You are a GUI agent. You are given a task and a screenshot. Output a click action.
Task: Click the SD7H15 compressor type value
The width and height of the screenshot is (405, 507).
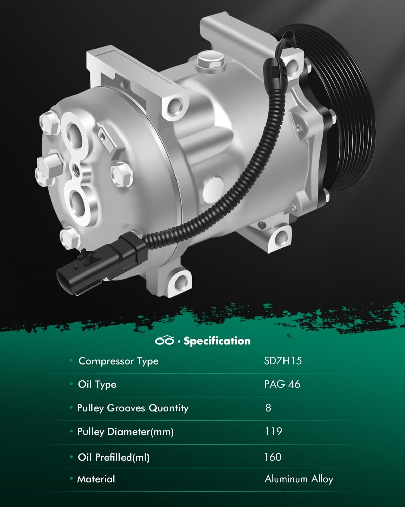click(283, 361)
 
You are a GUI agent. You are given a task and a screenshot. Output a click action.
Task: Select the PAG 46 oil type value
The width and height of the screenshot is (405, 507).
click(282, 384)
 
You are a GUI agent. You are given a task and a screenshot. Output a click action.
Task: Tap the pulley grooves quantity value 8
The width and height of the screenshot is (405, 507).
click(268, 408)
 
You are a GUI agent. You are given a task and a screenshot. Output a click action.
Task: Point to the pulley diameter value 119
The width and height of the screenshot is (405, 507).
click(273, 432)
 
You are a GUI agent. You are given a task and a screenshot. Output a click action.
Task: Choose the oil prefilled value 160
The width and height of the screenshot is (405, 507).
click(273, 457)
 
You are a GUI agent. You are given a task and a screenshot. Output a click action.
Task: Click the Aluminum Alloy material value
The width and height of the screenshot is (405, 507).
click(299, 479)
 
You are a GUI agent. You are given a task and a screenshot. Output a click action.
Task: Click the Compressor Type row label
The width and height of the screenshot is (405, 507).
click(118, 361)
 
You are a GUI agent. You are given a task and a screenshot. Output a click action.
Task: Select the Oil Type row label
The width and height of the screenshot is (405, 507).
click(97, 384)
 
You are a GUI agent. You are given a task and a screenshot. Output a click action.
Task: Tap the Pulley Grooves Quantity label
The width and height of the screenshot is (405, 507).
click(133, 408)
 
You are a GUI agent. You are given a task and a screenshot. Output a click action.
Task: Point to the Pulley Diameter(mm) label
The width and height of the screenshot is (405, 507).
click(125, 432)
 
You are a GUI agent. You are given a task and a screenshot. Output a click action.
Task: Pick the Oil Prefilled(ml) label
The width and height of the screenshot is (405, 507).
click(113, 457)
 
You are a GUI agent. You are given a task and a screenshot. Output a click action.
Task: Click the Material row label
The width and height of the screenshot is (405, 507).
click(96, 479)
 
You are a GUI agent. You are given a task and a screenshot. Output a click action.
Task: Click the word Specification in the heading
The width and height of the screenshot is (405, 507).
click(217, 341)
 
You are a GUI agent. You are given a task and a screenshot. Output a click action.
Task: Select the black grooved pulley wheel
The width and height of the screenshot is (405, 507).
click(341, 112)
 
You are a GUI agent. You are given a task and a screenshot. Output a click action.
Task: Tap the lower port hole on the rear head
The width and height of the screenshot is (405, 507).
click(80, 200)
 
